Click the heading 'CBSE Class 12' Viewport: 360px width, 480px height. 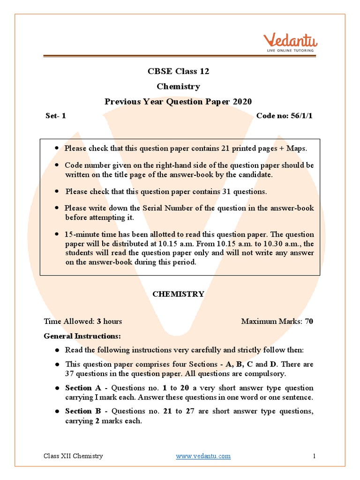pos(178,71)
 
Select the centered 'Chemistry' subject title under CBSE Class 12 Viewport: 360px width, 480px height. pos(178,86)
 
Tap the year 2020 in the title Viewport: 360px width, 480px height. pos(241,102)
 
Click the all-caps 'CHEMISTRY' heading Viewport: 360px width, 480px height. pos(178,294)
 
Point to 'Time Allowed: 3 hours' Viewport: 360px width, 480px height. pos(83,321)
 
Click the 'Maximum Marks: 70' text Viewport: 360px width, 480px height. pos(277,321)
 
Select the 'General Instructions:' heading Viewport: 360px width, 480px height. pos(82,336)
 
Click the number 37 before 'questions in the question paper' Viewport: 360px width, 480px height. pos(70,374)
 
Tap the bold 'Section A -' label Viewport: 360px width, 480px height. pos(87,388)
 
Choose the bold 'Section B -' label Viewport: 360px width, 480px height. pos(86,411)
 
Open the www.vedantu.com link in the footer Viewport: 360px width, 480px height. pos(203,456)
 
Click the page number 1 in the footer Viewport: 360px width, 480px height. pos(314,456)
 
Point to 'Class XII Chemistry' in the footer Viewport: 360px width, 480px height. pos(73,456)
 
